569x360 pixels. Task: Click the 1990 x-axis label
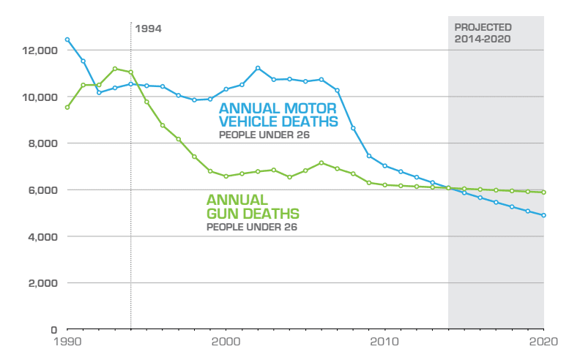(67, 342)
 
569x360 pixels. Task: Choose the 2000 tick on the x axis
(226, 342)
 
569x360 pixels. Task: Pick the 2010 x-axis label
(384, 342)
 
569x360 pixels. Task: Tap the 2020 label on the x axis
(543, 342)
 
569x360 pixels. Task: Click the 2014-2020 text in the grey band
(482, 39)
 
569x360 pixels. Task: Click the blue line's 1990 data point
(67, 40)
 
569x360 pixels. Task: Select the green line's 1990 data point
(67, 108)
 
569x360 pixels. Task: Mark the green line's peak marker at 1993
(115, 69)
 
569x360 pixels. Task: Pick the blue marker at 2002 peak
(258, 68)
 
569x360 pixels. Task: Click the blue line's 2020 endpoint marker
(543, 215)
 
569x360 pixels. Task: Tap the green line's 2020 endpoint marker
(543, 192)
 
